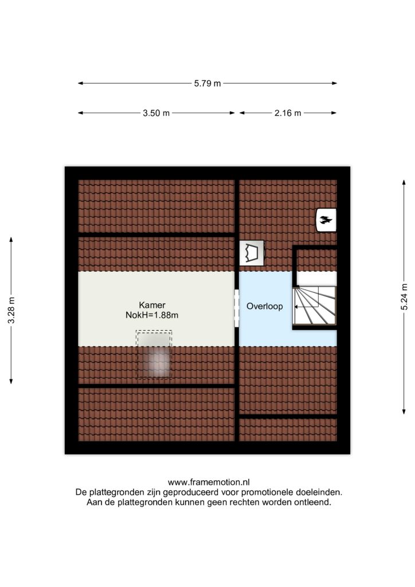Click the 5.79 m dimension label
click(207, 84)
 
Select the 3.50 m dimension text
click(156, 113)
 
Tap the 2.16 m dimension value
click(287, 113)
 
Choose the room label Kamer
click(152, 305)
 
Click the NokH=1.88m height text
click(152, 315)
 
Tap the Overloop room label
click(264, 307)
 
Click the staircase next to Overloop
click(314, 307)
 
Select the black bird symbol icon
click(326, 219)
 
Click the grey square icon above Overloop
click(251, 252)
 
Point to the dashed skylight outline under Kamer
click(154, 354)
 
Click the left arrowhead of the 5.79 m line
click(80, 84)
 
